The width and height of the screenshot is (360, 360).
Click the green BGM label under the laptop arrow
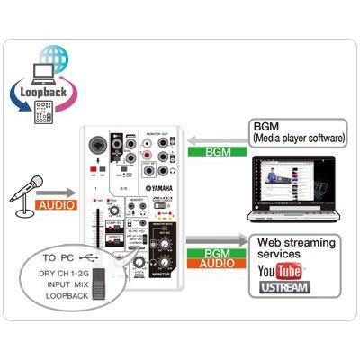(220, 152)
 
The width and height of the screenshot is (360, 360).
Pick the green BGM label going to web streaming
(220, 255)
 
